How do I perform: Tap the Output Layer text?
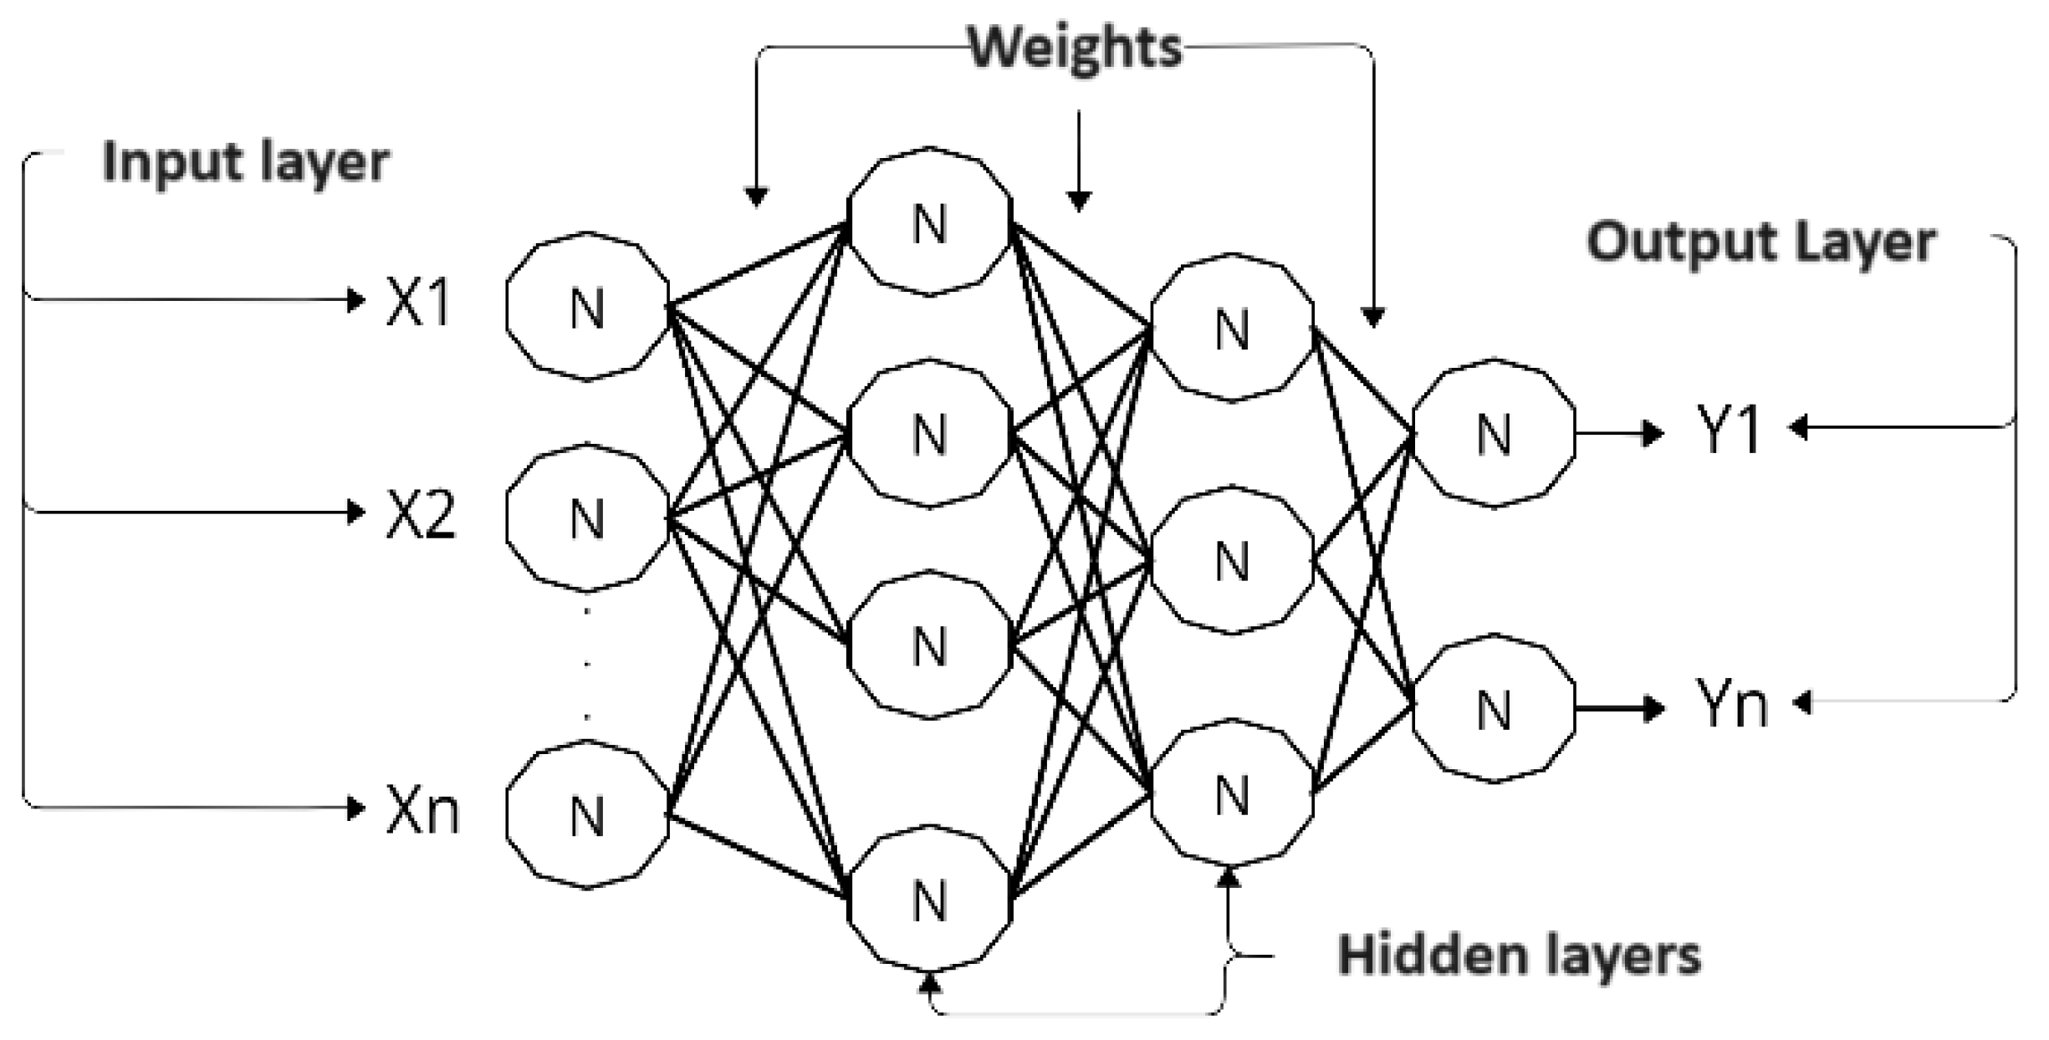pyautogui.click(x=1760, y=243)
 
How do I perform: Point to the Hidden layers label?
pyautogui.click(x=1519, y=955)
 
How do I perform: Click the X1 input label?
pyautogui.click(x=419, y=302)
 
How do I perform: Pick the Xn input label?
pyautogui.click(x=423, y=811)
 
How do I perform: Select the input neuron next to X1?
pyautogui.click(x=587, y=307)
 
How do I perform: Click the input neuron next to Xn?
pyautogui.click(x=587, y=814)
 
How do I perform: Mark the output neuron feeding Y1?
pyautogui.click(x=1494, y=434)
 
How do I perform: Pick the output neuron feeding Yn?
pyautogui.click(x=1494, y=711)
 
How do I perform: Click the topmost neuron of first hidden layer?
pyautogui.click(x=929, y=222)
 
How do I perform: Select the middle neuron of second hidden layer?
pyautogui.click(x=1231, y=560)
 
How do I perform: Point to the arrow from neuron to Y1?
pyautogui.click(x=1618, y=433)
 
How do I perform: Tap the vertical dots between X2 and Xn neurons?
pyautogui.click(x=587, y=665)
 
